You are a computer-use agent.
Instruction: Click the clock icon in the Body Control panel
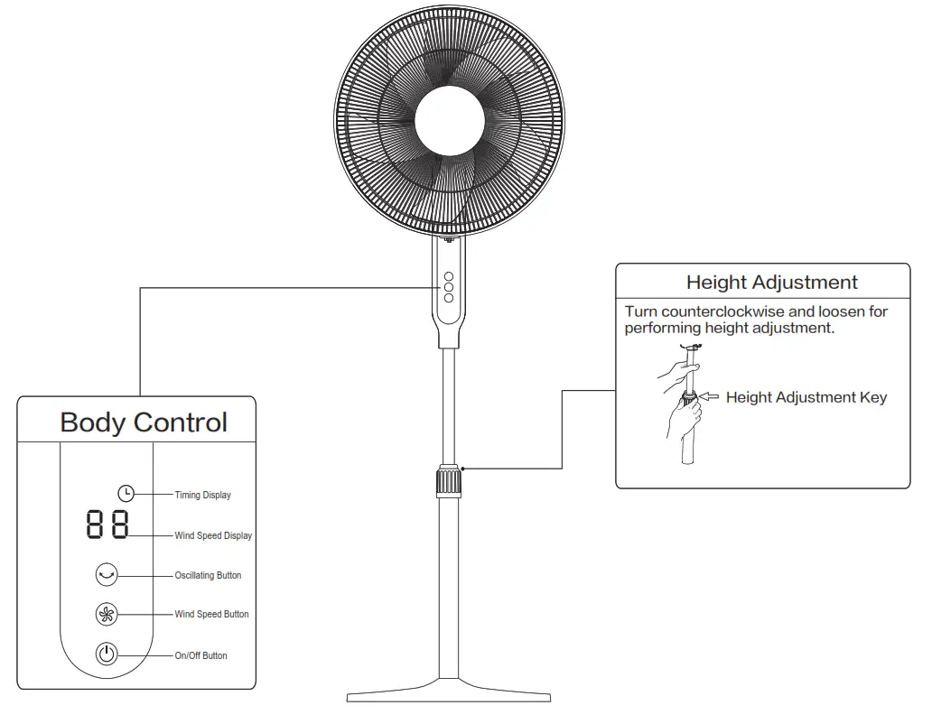click(x=126, y=493)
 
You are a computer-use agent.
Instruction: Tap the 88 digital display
click(x=107, y=524)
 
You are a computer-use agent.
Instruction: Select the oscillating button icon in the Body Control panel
click(x=107, y=574)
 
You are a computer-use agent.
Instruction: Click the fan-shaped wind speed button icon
click(x=107, y=615)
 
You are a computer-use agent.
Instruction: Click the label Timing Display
click(x=202, y=496)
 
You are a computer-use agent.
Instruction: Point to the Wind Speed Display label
click(x=213, y=536)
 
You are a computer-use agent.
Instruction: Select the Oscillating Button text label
click(x=208, y=576)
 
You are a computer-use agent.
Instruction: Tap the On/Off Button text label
click(x=200, y=656)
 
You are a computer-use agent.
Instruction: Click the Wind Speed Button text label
click(x=211, y=615)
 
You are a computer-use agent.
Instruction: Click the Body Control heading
click(x=144, y=422)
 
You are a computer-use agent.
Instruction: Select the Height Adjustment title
click(x=771, y=283)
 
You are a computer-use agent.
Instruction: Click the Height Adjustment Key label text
click(x=806, y=397)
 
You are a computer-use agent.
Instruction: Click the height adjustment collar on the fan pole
click(x=449, y=481)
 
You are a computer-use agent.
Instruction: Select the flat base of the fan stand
click(x=449, y=695)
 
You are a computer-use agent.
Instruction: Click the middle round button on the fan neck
click(x=448, y=286)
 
